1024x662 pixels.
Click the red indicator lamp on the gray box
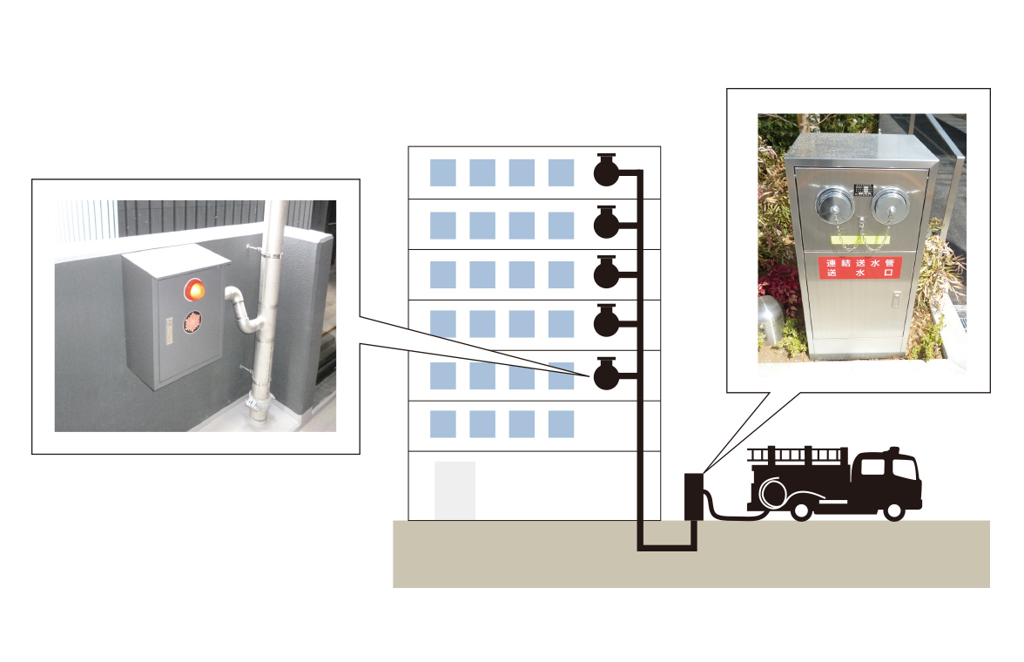coord(194,288)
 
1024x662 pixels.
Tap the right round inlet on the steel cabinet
coord(890,206)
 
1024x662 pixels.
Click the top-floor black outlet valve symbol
coord(606,170)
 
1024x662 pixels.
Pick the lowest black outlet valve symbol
coord(606,375)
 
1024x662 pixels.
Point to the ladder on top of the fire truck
coord(797,455)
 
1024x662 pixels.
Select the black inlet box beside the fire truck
coord(694,496)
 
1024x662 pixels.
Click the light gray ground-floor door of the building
coord(455,490)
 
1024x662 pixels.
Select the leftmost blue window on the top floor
coord(442,172)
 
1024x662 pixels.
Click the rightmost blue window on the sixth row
coord(561,424)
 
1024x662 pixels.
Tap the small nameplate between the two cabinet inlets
coord(859,189)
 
